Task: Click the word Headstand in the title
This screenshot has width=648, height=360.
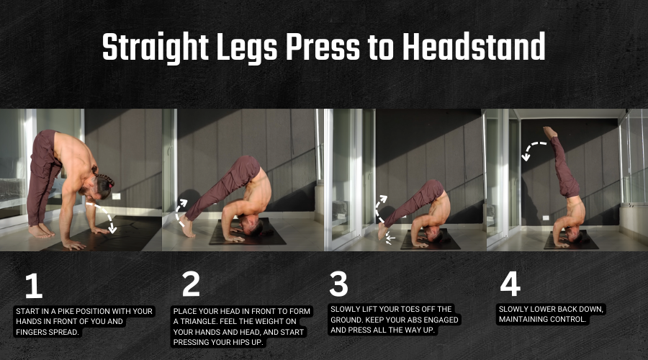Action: point(474,46)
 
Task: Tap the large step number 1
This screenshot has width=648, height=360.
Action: point(33,286)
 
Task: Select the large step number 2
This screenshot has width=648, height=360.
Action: point(191,284)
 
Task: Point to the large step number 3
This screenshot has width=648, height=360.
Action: point(338,284)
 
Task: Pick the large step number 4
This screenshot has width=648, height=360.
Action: point(510,284)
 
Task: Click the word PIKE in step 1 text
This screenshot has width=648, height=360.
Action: point(66,311)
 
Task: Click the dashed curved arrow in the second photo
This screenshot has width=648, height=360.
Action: point(179,212)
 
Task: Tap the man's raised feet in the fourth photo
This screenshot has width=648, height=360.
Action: point(550,132)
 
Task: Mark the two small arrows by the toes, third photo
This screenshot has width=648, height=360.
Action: point(390,239)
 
